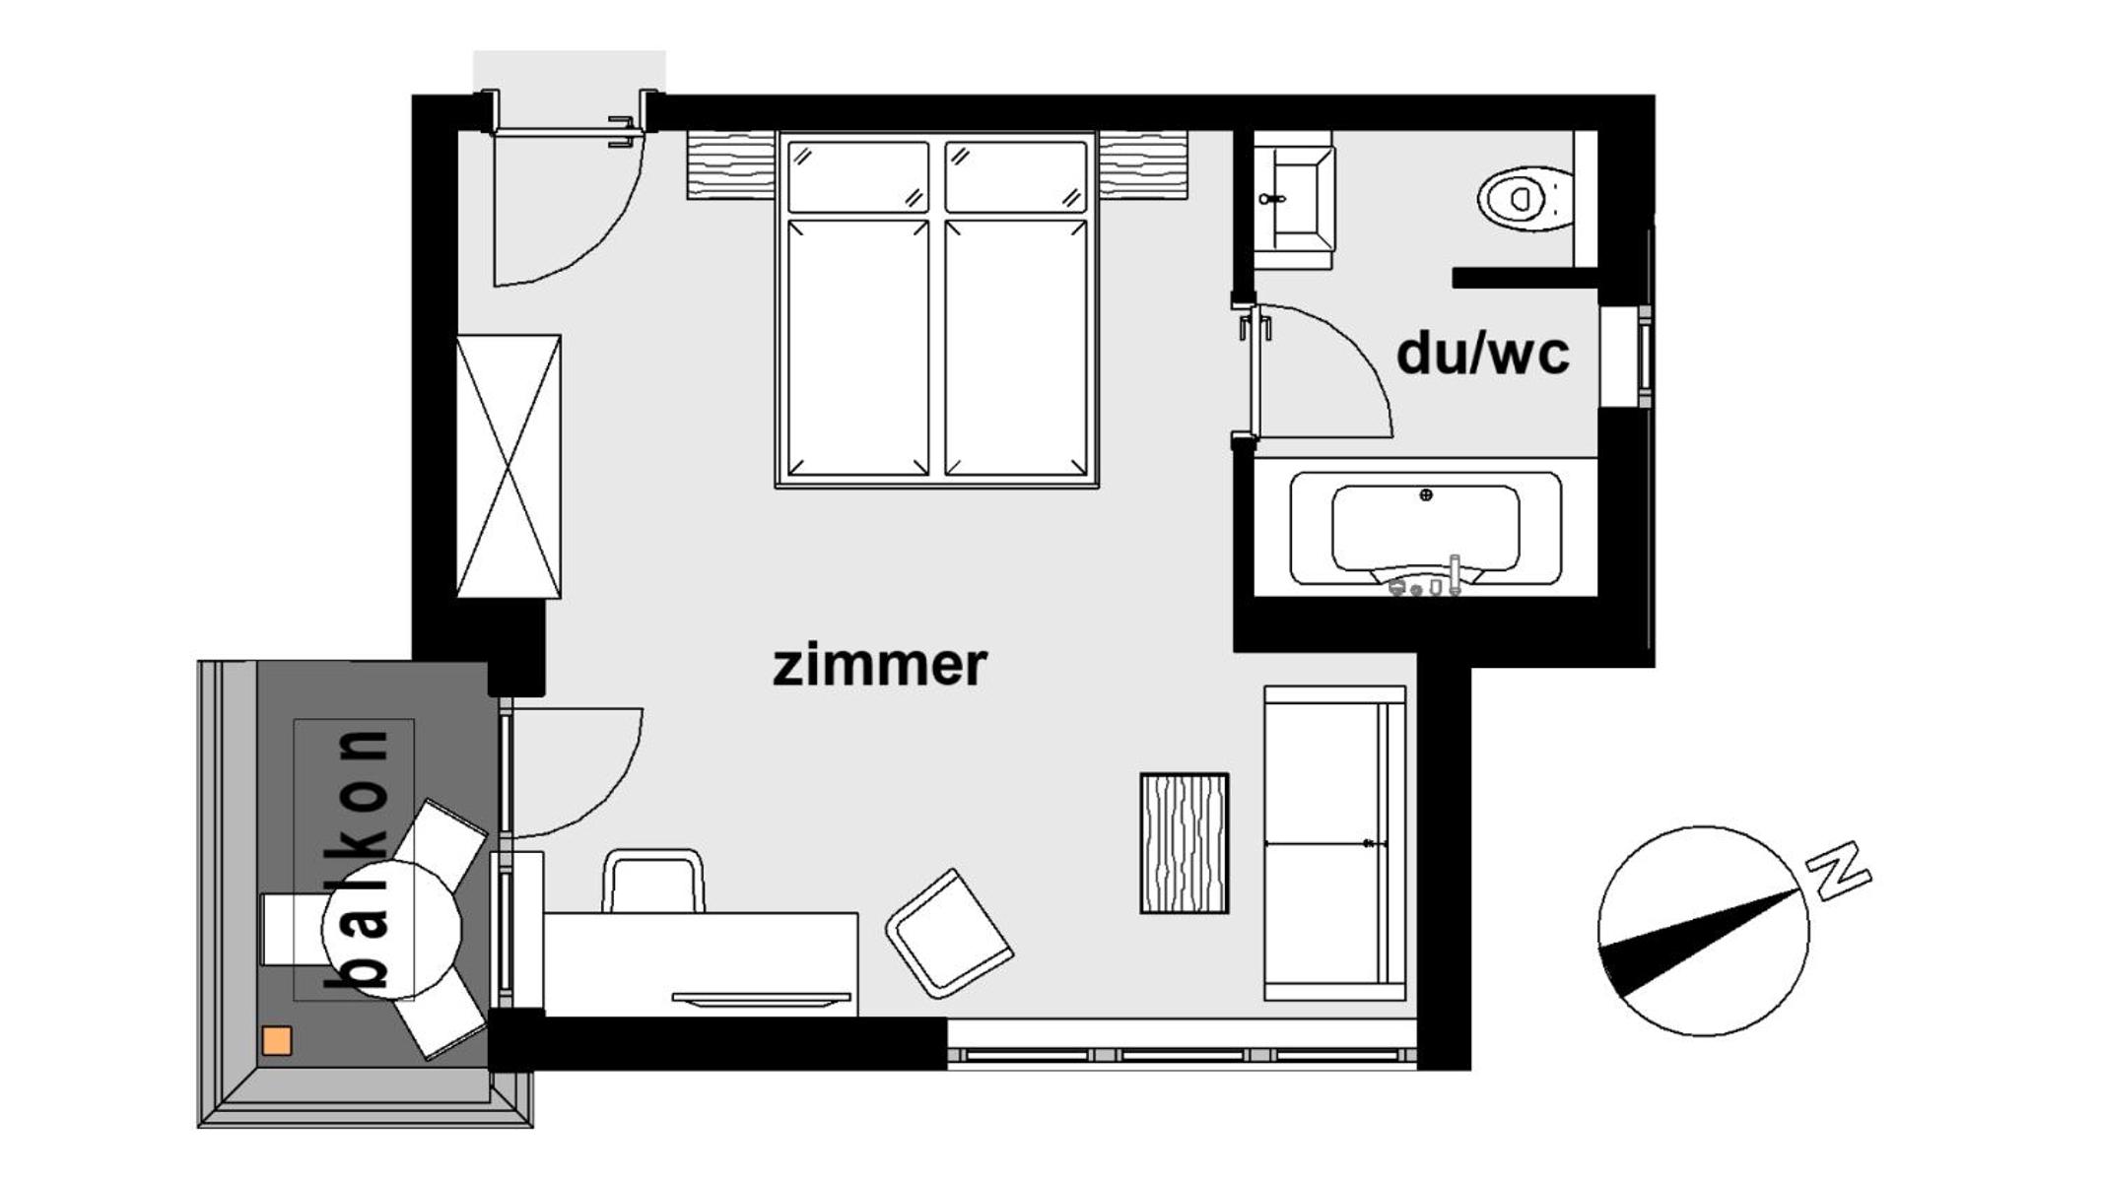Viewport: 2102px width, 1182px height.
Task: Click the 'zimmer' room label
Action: tap(879, 665)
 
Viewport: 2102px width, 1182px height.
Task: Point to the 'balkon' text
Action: tap(358, 858)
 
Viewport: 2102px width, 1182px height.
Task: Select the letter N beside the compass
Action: tap(1839, 870)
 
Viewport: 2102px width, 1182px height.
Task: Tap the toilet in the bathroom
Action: tap(1526, 198)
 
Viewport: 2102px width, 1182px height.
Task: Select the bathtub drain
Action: tap(1425, 494)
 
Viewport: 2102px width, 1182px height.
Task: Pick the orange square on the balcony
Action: tap(277, 1041)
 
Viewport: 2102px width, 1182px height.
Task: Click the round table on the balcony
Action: tap(391, 930)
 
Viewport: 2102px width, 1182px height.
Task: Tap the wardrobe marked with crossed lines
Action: tap(509, 466)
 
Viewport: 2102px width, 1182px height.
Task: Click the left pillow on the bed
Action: tap(858, 177)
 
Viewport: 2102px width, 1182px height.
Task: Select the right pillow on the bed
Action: tap(1015, 177)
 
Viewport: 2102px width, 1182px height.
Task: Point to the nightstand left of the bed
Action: tap(730, 164)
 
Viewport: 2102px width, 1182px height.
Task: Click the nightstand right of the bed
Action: tap(1143, 164)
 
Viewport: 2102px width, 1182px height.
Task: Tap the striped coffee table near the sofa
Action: tap(1184, 843)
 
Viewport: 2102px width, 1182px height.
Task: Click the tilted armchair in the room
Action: tap(949, 933)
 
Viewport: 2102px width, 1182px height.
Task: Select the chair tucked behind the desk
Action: tap(653, 881)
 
